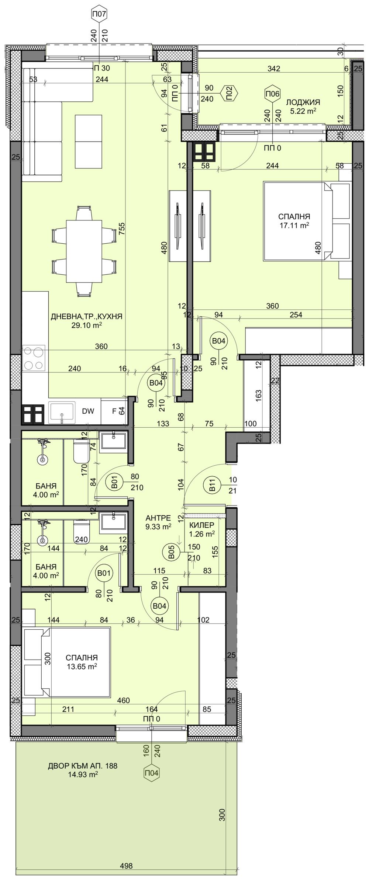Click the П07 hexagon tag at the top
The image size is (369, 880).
click(99, 15)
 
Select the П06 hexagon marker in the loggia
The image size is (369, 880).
click(272, 94)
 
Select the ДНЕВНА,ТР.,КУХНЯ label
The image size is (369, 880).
click(86, 316)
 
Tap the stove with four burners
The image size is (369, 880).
click(34, 358)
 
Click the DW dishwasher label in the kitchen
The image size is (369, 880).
click(88, 411)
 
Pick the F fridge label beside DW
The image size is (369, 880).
click(114, 411)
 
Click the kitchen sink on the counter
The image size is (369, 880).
click(62, 413)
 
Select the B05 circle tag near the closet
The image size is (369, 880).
click(171, 553)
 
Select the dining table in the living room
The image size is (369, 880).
click(84, 251)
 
